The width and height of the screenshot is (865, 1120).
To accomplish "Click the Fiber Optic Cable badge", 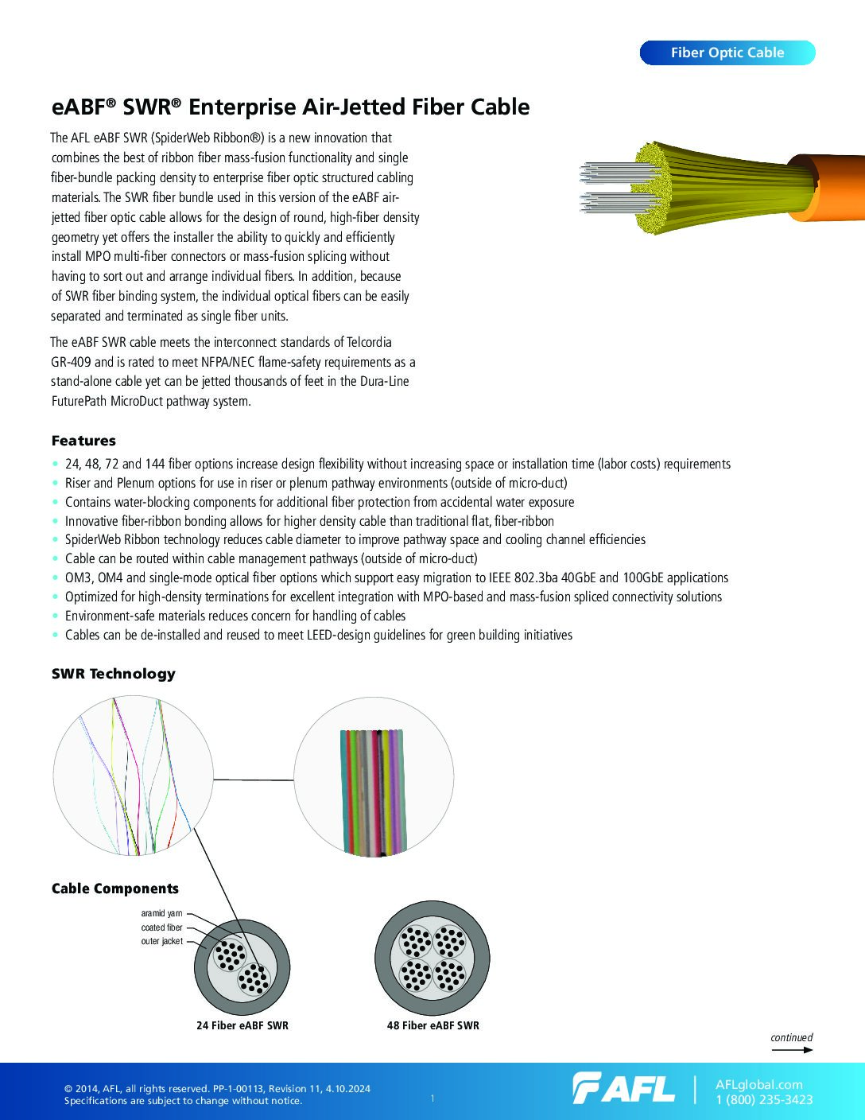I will click(727, 52).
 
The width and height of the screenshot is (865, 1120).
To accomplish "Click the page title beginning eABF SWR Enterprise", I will click(290, 107).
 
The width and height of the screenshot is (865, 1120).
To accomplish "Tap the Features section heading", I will click(83, 441).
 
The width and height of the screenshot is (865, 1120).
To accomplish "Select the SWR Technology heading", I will click(113, 674).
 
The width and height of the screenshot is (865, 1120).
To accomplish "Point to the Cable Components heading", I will click(114, 889).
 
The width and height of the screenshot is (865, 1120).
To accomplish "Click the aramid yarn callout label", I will click(161, 914).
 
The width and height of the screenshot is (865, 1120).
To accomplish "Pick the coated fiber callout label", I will click(161, 927).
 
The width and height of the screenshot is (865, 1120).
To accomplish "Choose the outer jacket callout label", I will click(161, 941).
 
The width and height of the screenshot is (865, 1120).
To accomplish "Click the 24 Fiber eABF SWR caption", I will click(242, 1025).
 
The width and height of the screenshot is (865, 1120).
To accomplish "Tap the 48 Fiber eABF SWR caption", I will click(433, 1025).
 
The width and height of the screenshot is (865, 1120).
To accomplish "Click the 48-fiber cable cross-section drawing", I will click(432, 959).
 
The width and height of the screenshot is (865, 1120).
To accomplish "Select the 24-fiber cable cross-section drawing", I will click(242, 966).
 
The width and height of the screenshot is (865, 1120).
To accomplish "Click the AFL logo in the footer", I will click(623, 1088).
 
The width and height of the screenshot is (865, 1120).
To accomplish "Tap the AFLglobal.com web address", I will click(759, 1084).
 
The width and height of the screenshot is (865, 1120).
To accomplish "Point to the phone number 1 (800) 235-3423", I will click(764, 1100).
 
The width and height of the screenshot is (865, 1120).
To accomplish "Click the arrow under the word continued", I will click(792, 1050).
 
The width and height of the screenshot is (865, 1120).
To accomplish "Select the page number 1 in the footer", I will click(432, 1099).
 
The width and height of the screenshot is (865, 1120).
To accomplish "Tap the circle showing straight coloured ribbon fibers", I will click(374, 777).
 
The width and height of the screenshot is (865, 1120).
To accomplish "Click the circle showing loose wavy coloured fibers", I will click(133, 776).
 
